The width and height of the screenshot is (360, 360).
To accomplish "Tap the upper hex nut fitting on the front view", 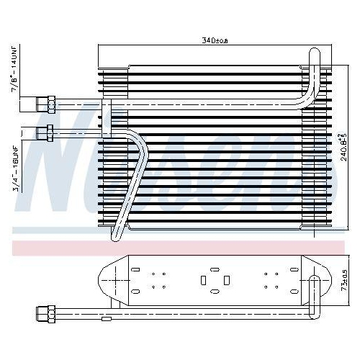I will click(x=51, y=104).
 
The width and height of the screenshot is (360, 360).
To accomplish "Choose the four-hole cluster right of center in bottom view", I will click(x=271, y=280).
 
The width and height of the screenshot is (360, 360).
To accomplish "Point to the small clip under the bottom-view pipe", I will click(x=106, y=318).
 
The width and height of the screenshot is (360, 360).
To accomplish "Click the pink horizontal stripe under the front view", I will click(x=180, y=247).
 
